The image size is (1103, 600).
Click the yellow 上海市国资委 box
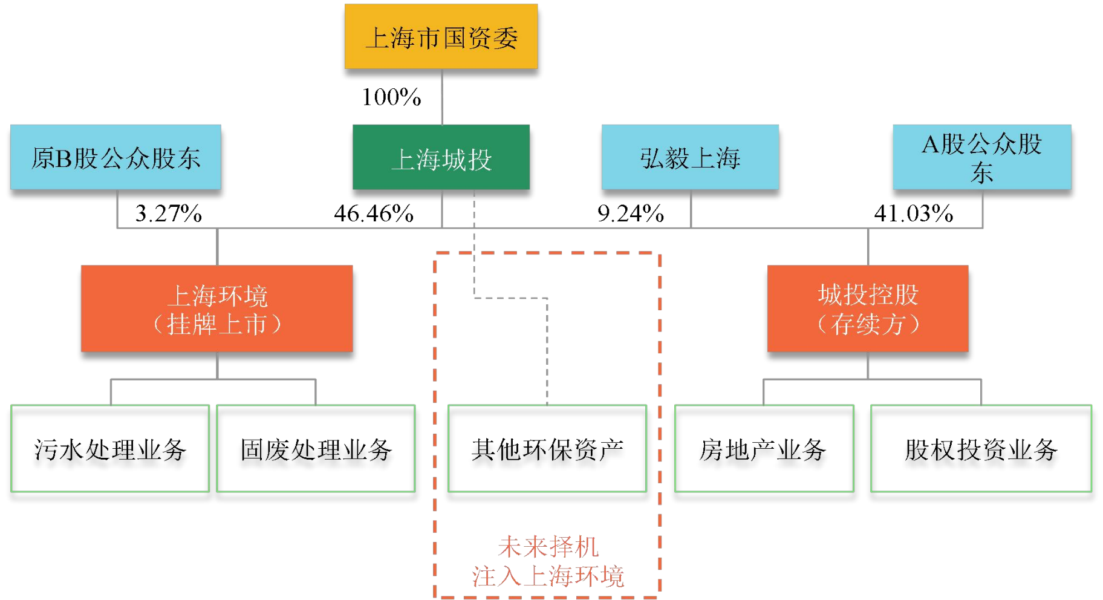[x=441, y=37]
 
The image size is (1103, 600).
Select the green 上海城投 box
[x=441, y=157]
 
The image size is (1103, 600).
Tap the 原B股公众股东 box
[x=116, y=157]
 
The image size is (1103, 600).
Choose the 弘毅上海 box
[x=690, y=157]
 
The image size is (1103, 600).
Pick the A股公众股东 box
[x=981, y=157]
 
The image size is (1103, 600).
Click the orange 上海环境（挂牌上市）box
[x=216, y=308]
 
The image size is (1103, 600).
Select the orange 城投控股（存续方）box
[x=868, y=308]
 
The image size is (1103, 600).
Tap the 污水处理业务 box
[x=110, y=449]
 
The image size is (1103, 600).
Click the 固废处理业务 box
[x=316, y=449]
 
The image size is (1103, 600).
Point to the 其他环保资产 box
[x=547, y=449]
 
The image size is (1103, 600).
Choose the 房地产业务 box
[x=764, y=449]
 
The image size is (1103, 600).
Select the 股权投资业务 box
[x=981, y=449]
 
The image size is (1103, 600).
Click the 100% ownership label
[x=391, y=97]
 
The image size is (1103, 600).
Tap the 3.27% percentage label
[x=168, y=213]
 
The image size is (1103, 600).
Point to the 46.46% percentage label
[x=374, y=213]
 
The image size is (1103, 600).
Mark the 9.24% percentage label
[x=631, y=213]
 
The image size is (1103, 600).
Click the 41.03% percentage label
[x=913, y=213]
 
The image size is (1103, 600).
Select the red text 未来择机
[x=548, y=547]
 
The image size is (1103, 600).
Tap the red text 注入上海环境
[x=548, y=576]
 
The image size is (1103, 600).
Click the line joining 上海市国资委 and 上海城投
[x=442, y=97]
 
